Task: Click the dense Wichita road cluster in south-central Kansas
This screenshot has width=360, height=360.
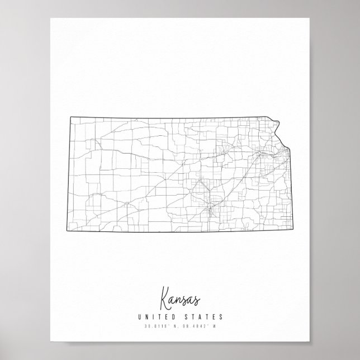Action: click(210, 211)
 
